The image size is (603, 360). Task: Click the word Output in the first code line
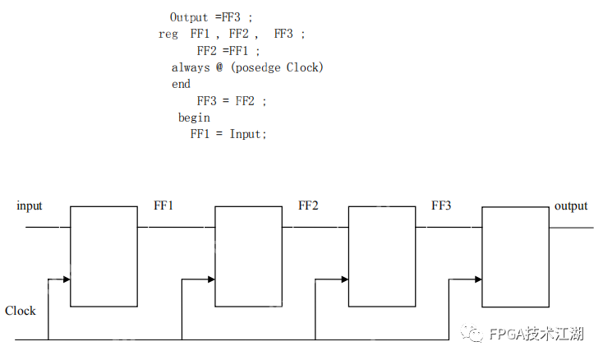190,17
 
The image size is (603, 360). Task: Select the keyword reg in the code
168,35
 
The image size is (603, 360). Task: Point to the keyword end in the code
181,84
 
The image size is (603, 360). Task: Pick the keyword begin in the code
194,118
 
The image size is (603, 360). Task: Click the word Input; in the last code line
248,134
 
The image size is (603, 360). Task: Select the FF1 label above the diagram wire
163,205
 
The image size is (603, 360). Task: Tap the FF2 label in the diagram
308,205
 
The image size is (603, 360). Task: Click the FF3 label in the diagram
441,205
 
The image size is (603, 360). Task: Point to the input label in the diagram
30,205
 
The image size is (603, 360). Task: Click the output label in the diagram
571,205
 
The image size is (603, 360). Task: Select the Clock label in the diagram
21,311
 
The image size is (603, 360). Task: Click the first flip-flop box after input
104,256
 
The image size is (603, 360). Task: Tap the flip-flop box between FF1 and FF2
248,256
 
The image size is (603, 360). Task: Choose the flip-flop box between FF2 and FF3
382,256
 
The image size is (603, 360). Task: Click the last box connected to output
515,256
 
